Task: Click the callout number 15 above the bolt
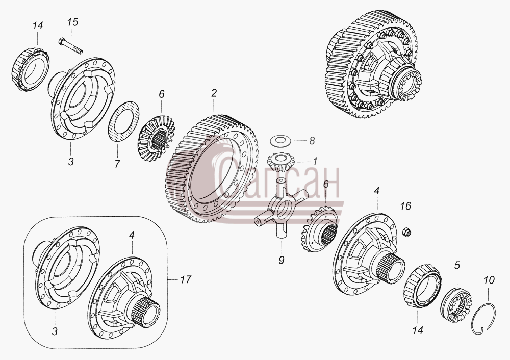(x=73, y=22)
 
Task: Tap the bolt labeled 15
(x=70, y=46)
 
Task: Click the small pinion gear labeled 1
(x=280, y=162)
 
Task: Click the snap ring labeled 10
(x=483, y=318)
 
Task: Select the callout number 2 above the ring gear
(x=214, y=93)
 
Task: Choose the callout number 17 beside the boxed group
(x=186, y=279)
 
